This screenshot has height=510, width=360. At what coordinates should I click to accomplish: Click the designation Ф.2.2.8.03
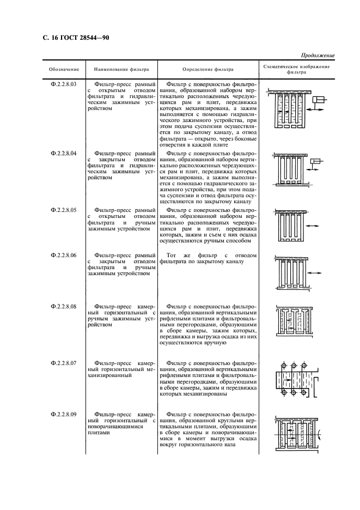64,84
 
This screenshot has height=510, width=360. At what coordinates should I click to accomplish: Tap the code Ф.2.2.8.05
64,209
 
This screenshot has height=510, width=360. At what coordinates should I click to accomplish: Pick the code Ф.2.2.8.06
64,255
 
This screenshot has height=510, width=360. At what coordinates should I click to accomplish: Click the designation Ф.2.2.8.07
64,363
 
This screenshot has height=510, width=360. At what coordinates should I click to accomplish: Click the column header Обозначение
64,70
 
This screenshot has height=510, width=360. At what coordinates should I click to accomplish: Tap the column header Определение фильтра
208,70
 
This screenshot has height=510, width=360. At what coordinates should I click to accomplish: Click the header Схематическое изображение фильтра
296,69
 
